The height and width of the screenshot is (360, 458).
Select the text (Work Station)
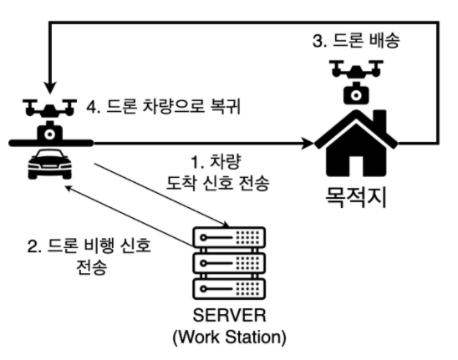pyautogui.click(x=228, y=339)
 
